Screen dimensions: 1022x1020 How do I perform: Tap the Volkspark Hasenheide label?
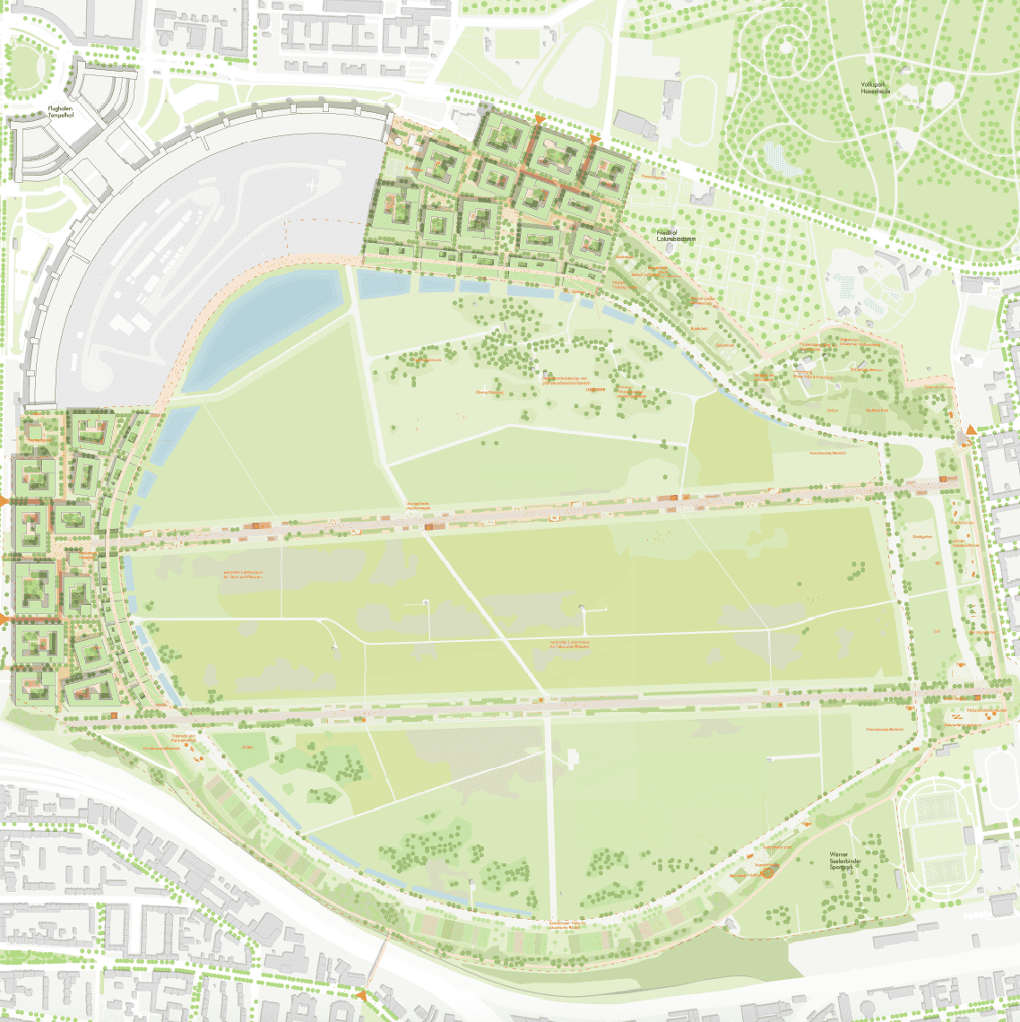pyautogui.click(x=874, y=88)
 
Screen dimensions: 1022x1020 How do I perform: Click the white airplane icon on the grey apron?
pyautogui.click(x=310, y=186)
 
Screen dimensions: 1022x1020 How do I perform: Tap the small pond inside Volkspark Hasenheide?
pyautogui.click(x=777, y=160)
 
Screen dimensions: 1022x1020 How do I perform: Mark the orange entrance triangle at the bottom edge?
pyautogui.click(x=362, y=995)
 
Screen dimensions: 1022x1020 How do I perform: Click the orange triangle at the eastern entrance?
pyautogui.click(x=969, y=434)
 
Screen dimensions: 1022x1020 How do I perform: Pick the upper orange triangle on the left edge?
pyautogui.click(x=4, y=500)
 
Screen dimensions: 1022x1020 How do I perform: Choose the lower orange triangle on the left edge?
pyautogui.click(x=4, y=619)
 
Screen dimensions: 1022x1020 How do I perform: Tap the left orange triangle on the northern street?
pyautogui.click(x=539, y=119)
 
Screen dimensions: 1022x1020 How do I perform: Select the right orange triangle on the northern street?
pyautogui.click(x=593, y=139)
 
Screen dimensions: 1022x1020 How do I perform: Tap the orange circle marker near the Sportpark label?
pyautogui.click(x=767, y=869)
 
